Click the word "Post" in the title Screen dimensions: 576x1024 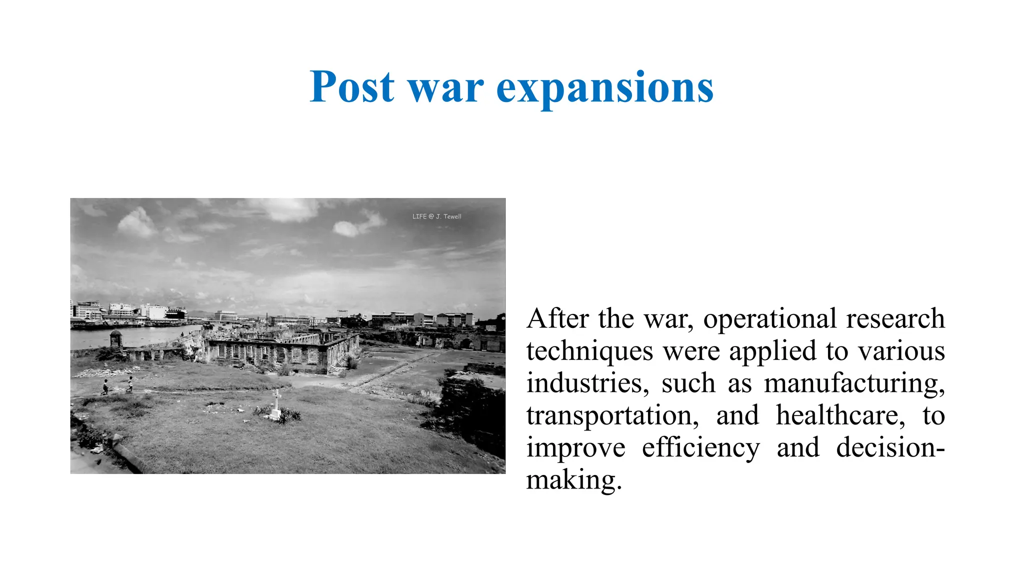[352, 87]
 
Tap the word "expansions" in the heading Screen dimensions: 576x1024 [604, 89]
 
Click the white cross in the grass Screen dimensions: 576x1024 [275, 404]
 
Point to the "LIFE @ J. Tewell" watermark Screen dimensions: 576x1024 [436, 216]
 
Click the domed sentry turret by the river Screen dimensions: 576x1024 [116, 338]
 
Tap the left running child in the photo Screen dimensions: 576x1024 [105, 387]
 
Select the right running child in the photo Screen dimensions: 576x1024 [130, 384]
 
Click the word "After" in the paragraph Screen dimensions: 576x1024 [557, 318]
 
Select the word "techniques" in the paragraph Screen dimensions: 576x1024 [589, 351]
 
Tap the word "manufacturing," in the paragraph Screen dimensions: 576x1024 [854, 384]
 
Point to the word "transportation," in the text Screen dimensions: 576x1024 [612, 416]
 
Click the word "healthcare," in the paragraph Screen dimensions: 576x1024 [840, 415]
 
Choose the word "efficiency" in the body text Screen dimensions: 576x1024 [701, 448]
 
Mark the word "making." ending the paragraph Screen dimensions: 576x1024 [574, 480]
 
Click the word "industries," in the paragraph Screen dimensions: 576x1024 [587, 383]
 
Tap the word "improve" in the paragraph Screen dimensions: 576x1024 [575, 448]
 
